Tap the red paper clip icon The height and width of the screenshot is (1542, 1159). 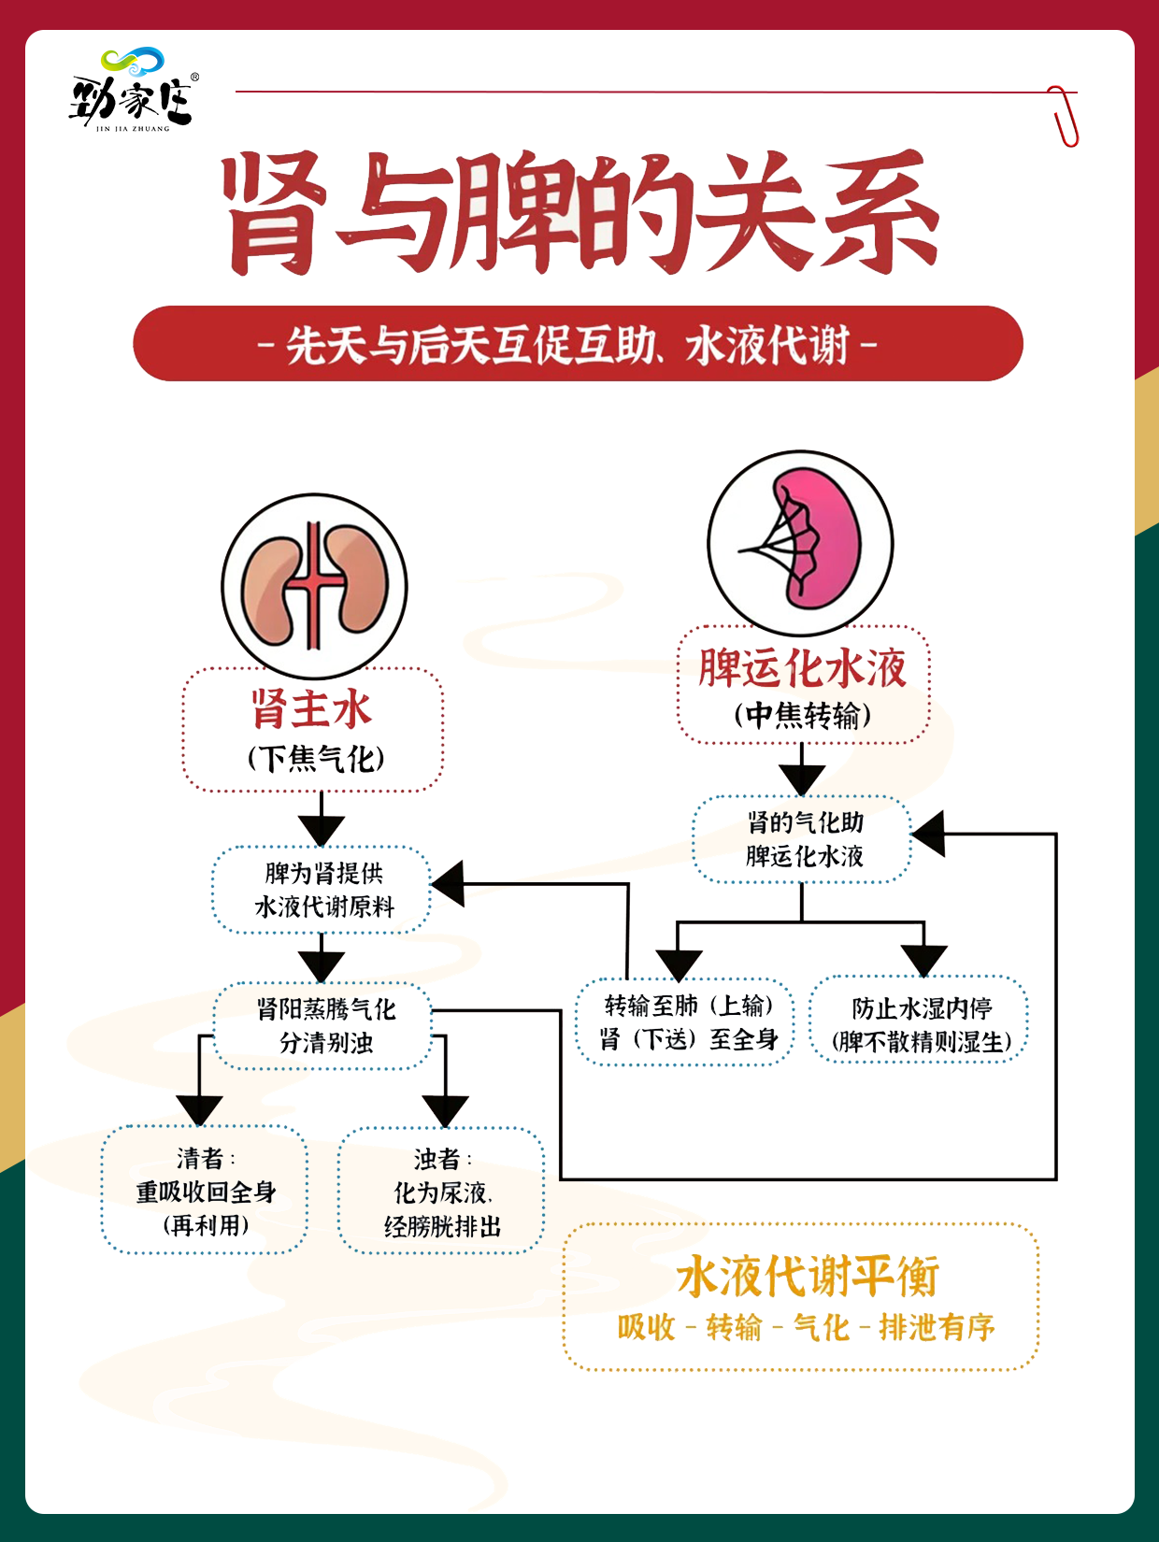(1063, 116)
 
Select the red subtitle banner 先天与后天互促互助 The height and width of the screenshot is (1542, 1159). (578, 344)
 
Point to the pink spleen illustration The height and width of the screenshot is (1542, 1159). (801, 543)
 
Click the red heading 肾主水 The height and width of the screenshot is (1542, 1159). (312, 709)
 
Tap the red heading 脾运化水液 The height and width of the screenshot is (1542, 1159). (802, 667)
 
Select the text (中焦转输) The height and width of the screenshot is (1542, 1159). (802, 715)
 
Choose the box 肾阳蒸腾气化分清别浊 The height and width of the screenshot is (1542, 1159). (325, 1025)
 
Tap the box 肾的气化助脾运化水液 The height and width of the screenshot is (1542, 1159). (803, 839)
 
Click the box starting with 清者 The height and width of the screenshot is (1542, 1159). (205, 1191)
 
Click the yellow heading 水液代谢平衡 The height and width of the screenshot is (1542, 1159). (806, 1276)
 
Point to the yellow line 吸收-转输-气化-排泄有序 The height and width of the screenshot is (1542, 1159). (806, 1327)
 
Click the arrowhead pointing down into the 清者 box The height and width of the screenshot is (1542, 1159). (199, 1110)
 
